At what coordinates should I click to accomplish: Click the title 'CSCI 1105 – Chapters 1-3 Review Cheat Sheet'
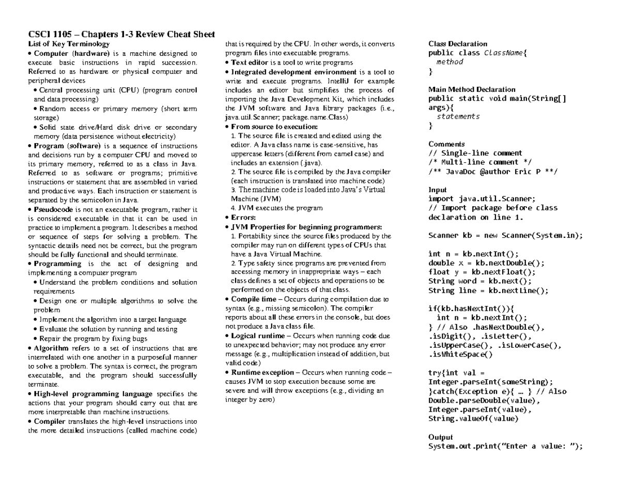click(x=121, y=35)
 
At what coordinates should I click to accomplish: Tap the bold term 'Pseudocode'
click(x=54, y=210)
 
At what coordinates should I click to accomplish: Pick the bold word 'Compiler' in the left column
click(x=50, y=421)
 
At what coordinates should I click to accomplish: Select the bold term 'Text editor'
click(x=250, y=63)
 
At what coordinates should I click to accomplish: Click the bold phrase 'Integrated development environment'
click(x=293, y=72)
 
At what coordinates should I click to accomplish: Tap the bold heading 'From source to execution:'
click(x=274, y=127)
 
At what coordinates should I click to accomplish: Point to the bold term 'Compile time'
click(x=253, y=299)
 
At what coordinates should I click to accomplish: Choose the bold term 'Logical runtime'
click(x=258, y=336)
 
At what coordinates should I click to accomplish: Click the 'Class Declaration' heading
click(x=458, y=44)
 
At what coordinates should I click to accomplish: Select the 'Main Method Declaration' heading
click(x=472, y=89)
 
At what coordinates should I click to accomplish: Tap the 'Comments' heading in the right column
click(x=447, y=144)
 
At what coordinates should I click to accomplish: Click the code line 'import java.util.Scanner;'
click(x=482, y=199)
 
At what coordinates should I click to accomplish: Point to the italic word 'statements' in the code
click(x=458, y=117)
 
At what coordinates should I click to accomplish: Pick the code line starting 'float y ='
click(x=482, y=272)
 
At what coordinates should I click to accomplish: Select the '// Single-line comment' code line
click(x=475, y=153)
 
